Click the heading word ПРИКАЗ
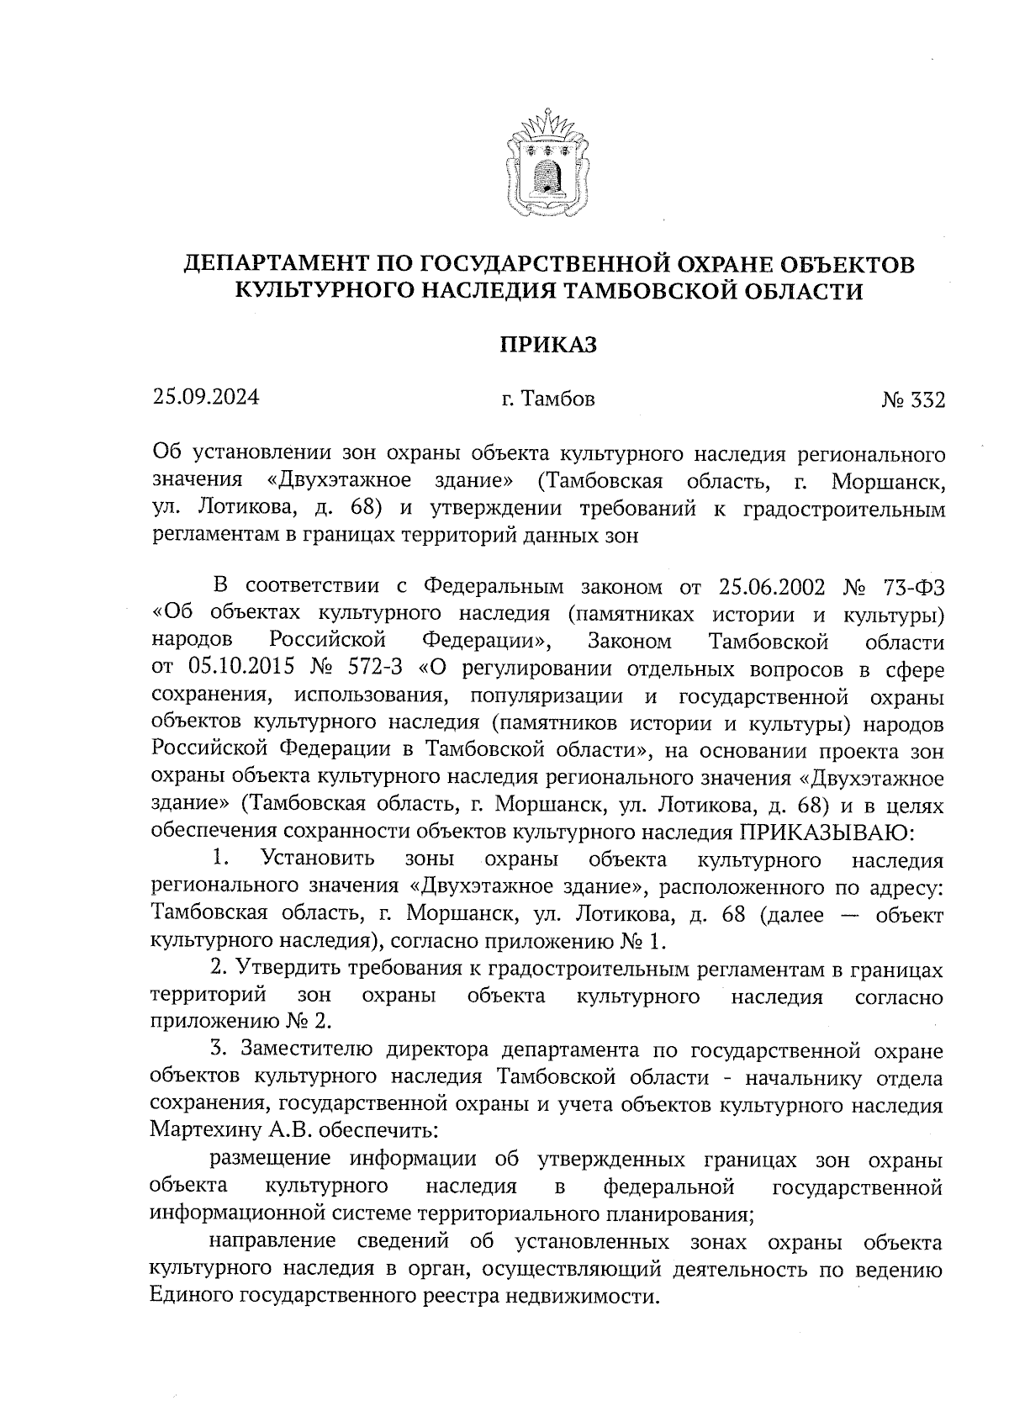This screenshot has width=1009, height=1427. click(547, 344)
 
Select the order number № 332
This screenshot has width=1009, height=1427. click(913, 400)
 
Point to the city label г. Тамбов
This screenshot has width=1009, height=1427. click(547, 399)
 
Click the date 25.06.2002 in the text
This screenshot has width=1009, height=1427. click(774, 586)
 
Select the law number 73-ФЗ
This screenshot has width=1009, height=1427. click(911, 586)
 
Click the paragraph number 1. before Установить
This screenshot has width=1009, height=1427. click(221, 859)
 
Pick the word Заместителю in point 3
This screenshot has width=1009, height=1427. click(307, 1051)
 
